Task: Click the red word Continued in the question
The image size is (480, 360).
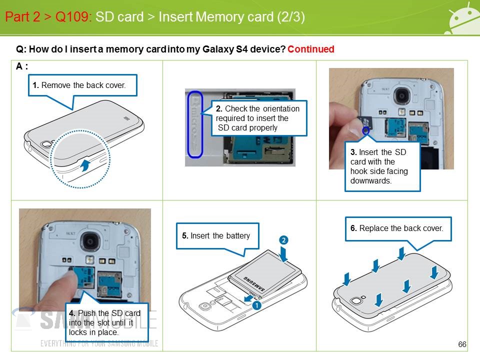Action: coord(310,49)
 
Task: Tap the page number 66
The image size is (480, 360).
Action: coord(462,344)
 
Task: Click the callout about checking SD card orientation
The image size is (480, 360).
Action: coord(258,118)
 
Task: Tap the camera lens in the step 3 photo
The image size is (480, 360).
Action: coord(401,94)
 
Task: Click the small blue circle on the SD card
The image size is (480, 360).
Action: coord(366,131)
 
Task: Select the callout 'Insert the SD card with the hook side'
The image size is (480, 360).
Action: coord(382,166)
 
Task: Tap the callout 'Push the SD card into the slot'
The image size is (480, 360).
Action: coord(106,322)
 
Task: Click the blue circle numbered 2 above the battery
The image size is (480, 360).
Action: coord(283,240)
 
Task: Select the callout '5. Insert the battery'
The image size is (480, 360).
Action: coord(217,235)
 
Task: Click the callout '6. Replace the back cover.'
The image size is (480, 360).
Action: coord(397,228)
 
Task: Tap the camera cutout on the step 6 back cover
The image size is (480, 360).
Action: coord(357,301)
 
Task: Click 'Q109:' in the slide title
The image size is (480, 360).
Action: coord(73,17)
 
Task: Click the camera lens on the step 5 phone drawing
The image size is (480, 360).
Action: coord(203,306)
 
